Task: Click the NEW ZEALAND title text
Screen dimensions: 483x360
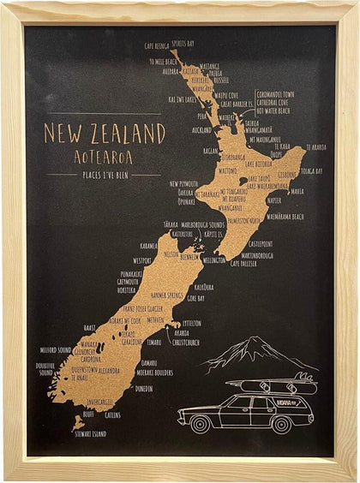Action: coord(104,134)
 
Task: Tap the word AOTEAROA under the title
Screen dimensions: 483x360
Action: coord(104,156)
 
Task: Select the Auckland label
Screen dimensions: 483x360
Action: coord(201,130)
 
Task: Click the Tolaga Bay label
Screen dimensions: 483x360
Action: coord(311,170)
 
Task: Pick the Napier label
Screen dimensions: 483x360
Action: coord(274,200)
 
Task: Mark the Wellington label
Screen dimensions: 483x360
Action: coord(214,259)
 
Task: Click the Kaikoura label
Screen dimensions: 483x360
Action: coord(203,287)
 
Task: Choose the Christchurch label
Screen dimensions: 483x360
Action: coord(185,341)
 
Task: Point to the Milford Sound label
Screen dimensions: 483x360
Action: coord(54,349)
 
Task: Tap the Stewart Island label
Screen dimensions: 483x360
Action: coord(89,433)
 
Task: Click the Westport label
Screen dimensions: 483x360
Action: coord(142,259)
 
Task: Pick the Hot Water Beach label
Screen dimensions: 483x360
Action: coord(273,110)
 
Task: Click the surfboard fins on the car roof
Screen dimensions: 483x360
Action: coord(301,376)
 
